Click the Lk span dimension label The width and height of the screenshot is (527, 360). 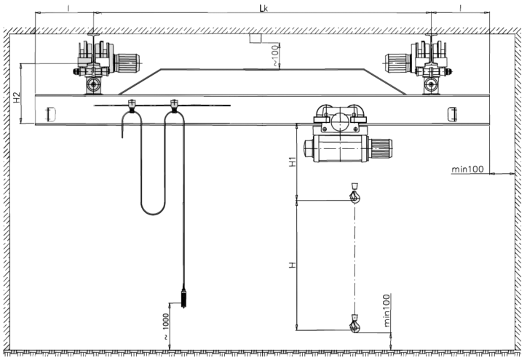tap(263, 9)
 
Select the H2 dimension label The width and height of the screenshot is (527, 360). tap(17, 97)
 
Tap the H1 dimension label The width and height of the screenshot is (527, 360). tap(293, 162)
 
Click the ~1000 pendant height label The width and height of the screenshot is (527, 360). tap(166, 327)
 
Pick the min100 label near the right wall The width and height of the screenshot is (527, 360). tap(467, 169)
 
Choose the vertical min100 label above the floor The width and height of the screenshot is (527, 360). tap(387, 311)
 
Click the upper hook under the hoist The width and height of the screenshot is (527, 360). tap(354, 193)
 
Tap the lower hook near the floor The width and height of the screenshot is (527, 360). tap(354, 324)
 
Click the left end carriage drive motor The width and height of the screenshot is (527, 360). tap(127, 63)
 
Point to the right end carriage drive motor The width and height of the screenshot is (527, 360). tap(398, 63)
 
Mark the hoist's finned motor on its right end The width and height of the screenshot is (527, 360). tap(381, 148)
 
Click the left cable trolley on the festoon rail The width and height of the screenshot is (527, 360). tap(132, 105)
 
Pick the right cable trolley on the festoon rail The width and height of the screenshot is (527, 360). tap(174, 105)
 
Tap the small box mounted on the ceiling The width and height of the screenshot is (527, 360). tap(255, 39)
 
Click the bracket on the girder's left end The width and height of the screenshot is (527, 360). tap(51, 114)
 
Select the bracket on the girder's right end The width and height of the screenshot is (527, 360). tap(452, 114)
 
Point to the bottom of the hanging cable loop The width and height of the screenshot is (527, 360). tap(153, 214)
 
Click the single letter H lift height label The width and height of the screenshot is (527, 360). tap(293, 265)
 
